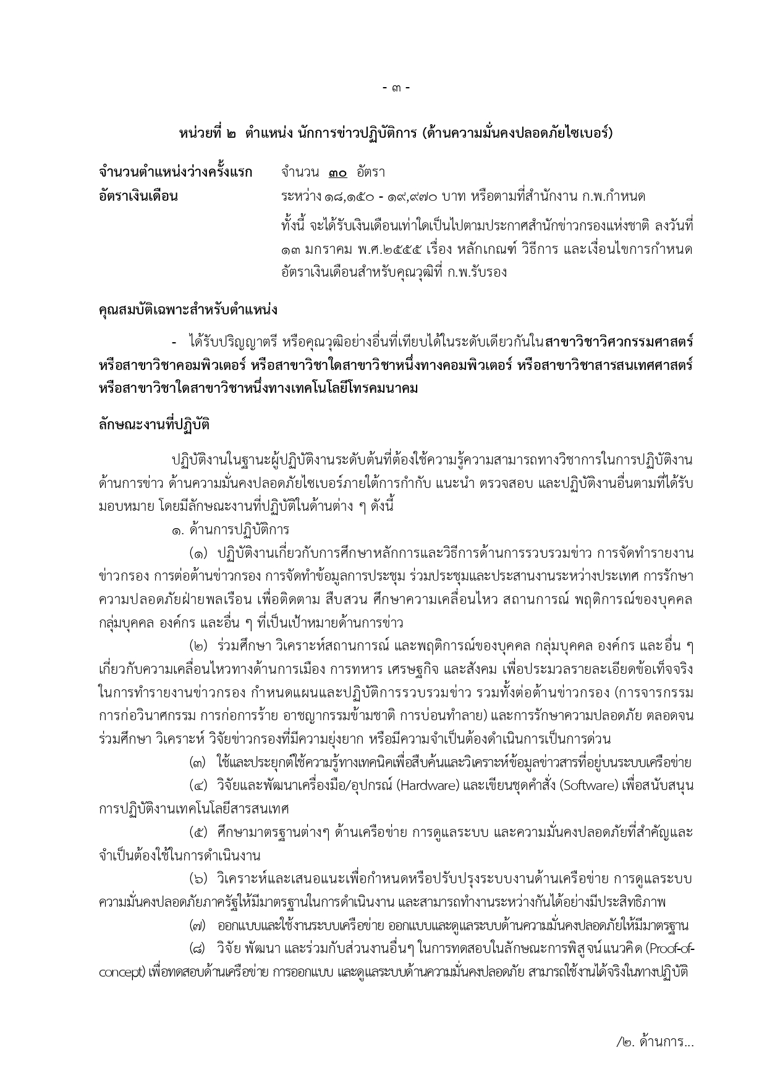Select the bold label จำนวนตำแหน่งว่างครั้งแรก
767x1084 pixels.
[176, 172]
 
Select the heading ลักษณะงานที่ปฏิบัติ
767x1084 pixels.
[154, 425]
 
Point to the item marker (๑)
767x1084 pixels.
[199, 552]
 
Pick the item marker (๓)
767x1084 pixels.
[198, 762]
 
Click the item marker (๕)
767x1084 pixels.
[199, 832]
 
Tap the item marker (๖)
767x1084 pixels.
[199, 879]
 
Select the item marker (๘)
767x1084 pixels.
[198, 949]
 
